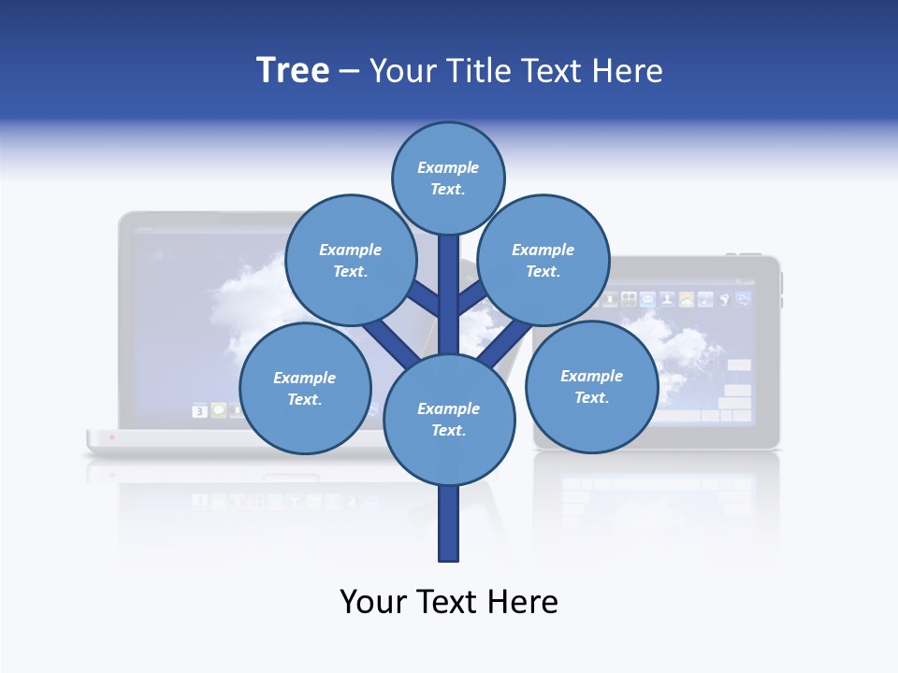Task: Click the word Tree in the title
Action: click(x=293, y=70)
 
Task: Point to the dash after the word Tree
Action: click(x=349, y=72)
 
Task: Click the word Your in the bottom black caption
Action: click(x=373, y=601)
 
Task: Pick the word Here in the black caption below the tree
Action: click(x=523, y=601)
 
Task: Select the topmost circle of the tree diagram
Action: click(x=448, y=178)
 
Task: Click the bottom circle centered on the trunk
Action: click(x=449, y=420)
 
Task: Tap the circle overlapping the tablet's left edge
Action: click(x=591, y=387)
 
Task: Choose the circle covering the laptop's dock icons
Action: click(x=305, y=389)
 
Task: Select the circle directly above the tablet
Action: click(x=543, y=261)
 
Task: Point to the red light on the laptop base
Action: click(x=111, y=437)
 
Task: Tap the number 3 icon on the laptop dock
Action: click(x=199, y=410)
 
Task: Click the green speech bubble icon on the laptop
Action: click(x=218, y=410)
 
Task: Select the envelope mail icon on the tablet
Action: click(x=647, y=300)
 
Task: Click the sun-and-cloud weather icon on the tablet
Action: click(x=687, y=300)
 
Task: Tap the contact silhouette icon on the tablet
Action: click(x=667, y=300)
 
